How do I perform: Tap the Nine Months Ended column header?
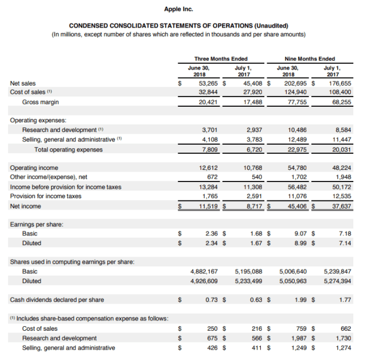coord(310,59)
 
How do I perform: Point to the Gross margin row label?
coord(40,102)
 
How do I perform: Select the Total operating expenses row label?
coord(68,149)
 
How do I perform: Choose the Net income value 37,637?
coord(341,206)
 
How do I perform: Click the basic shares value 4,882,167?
coord(204,271)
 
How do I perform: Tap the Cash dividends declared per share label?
coord(57,300)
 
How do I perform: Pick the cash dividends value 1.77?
coord(345,300)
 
